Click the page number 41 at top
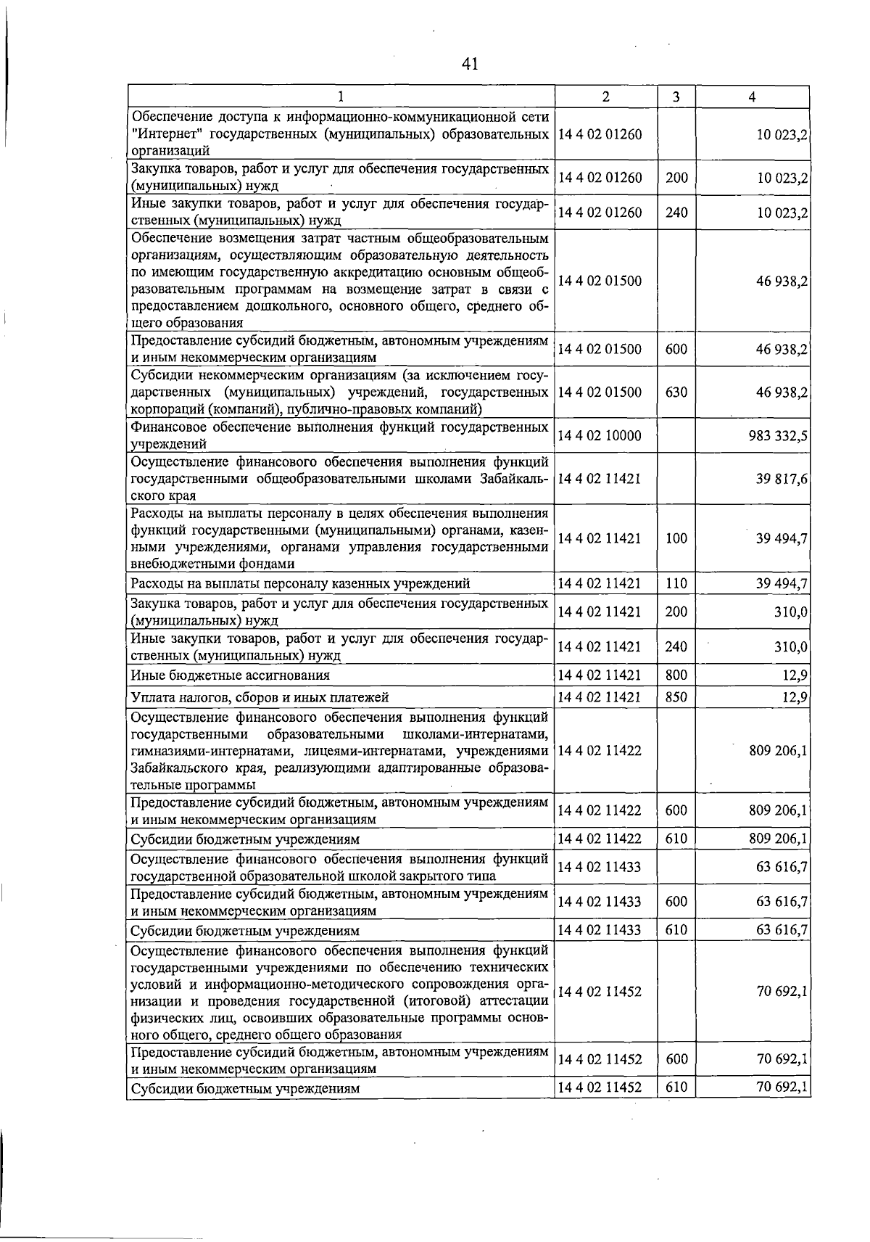[x=470, y=64]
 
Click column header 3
[x=676, y=96]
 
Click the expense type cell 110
[x=676, y=583]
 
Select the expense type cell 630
[x=676, y=392]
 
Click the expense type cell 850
[x=676, y=697]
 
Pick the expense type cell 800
[x=676, y=675]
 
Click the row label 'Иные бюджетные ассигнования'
[x=231, y=675]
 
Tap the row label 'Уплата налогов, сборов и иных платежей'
[x=260, y=697]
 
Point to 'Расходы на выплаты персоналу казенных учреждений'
[x=300, y=583]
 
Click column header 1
[x=340, y=96]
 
